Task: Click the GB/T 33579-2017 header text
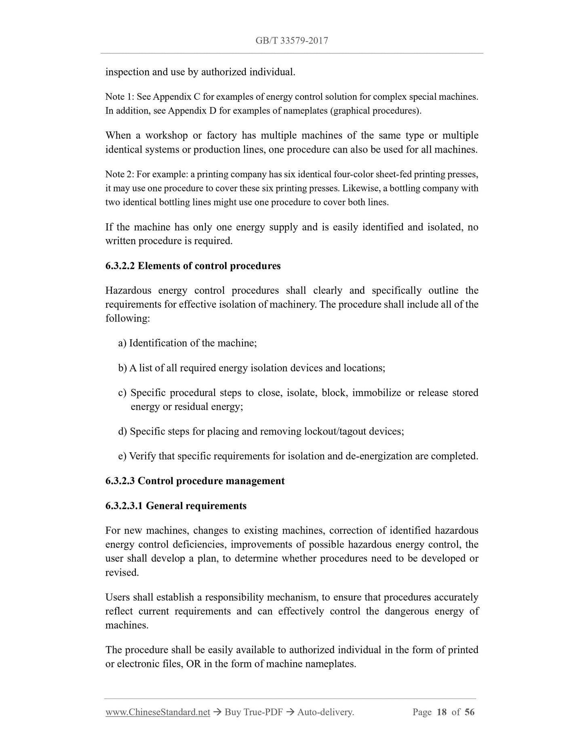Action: [x=291, y=40]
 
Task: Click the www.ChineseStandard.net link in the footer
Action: [x=158, y=712]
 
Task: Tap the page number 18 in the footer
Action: [x=442, y=712]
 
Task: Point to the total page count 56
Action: [x=470, y=712]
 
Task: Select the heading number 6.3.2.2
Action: [x=120, y=266]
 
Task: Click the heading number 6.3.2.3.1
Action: [x=124, y=506]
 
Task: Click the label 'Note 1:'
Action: [x=120, y=97]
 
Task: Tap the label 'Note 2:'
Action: [x=120, y=174]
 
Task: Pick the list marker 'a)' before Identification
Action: [x=122, y=343]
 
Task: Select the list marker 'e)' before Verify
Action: [x=122, y=456]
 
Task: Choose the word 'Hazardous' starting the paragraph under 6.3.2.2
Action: [x=128, y=290]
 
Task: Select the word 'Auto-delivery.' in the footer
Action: [x=325, y=712]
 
